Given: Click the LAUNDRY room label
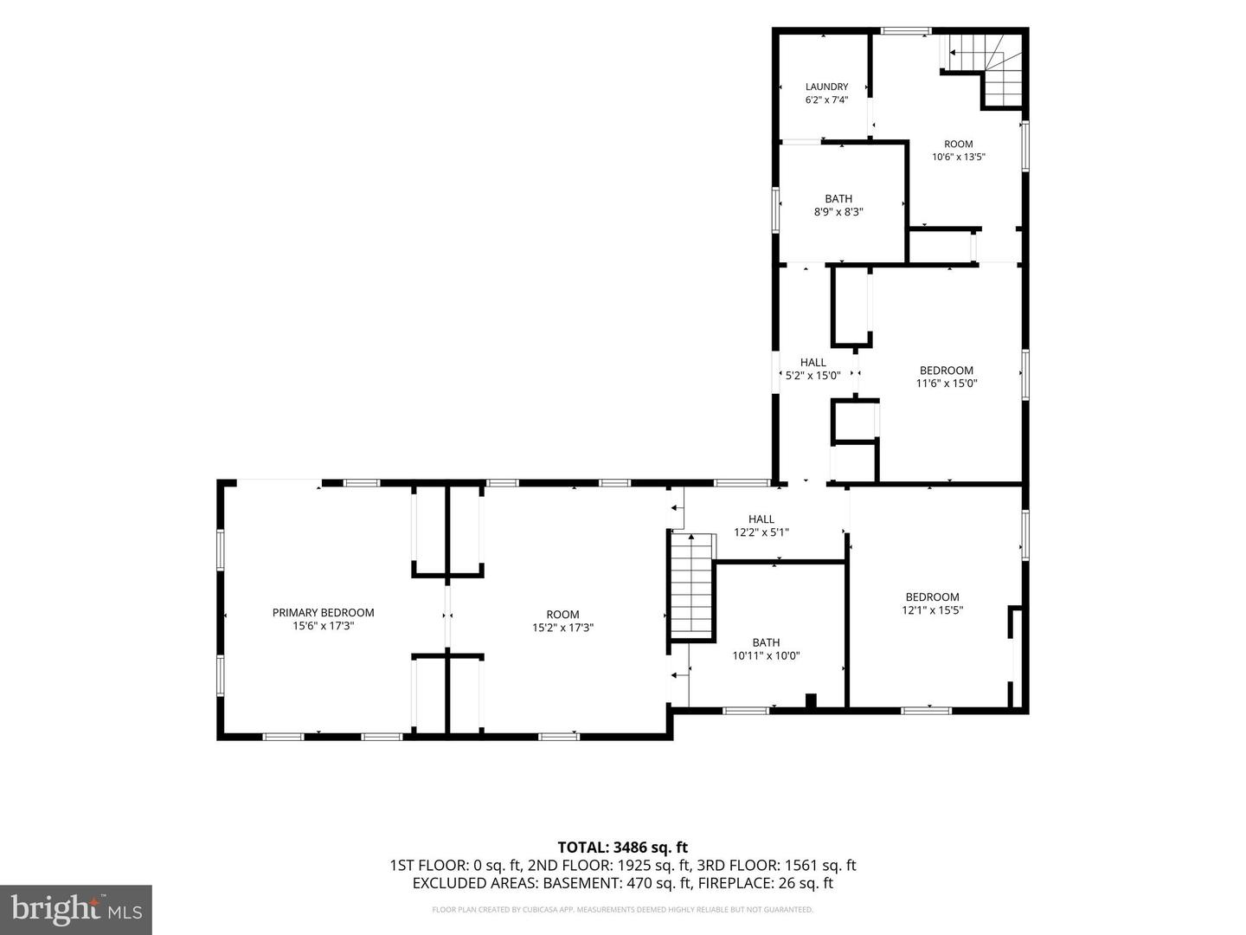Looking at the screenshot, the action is pos(826,87).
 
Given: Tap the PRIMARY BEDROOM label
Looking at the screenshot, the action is pos(323,613).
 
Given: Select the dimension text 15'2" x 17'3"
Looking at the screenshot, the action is pos(562,628).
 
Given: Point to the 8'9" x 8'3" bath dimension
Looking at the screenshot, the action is pos(838,212).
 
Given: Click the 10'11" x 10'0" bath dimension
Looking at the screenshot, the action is pos(766,655).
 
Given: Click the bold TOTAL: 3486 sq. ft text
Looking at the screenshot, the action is pos(623,847).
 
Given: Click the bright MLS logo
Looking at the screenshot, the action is pos(76,909).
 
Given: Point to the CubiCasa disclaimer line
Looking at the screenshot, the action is pos(622,909).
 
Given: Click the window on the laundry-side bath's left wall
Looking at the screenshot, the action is pos(775,210).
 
